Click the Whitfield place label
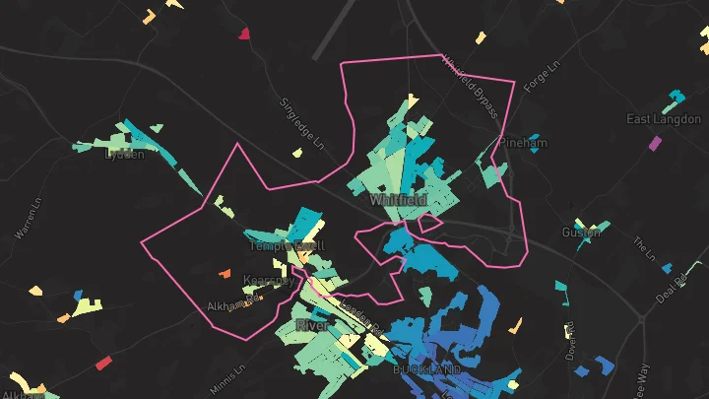coord(398,200)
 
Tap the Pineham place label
coord(522,144)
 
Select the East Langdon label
coord(663,119)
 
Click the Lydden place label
coord(125,154)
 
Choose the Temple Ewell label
coord(286,245)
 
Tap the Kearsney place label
coord(268,281)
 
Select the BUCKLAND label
coord(427,369)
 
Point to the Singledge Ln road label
coord(301,121)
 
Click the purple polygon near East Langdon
coord(655,143)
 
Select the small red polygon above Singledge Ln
coord(244,33)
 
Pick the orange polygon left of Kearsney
coord(224,274)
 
